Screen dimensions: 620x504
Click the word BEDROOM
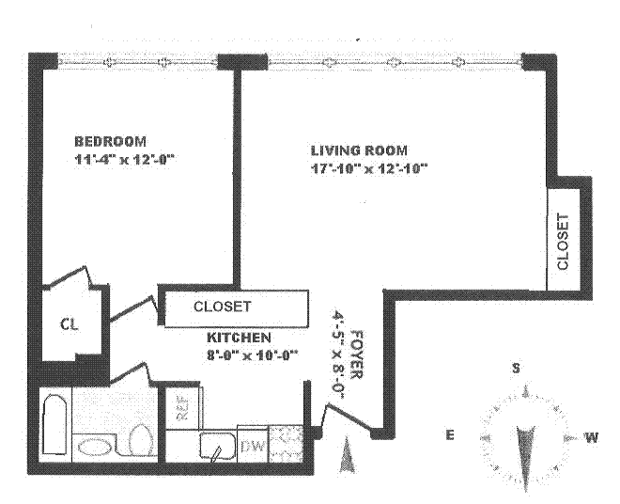tap(109, 141)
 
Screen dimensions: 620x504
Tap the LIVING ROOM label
tap(359, 150)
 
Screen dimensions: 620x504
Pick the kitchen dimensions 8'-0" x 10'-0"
tap(251, 354)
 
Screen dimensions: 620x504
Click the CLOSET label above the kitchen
tap(222, 307)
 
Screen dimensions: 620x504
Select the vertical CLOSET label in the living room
tap(563, 242)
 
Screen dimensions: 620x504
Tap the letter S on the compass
tap(516, 368)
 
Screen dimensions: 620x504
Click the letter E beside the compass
tap(450, 435)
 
